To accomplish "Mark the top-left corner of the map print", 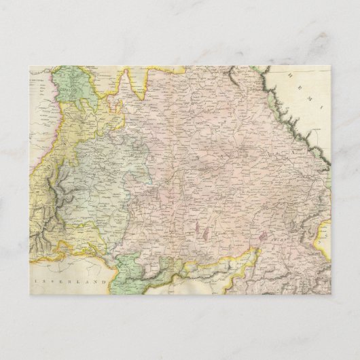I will click(31, 66).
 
